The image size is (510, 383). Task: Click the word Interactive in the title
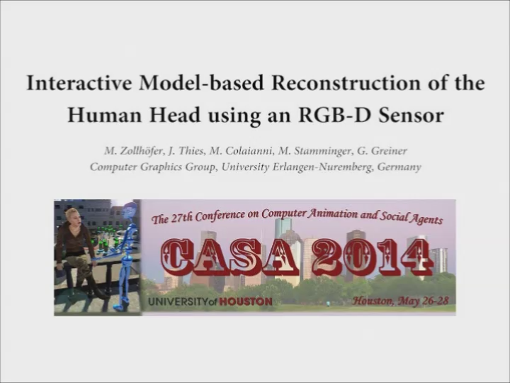pos(79,83)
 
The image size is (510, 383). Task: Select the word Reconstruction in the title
pos(346,83)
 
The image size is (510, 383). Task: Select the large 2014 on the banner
pos(372,257)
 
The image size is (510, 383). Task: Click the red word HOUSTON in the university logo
pos(246,301)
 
